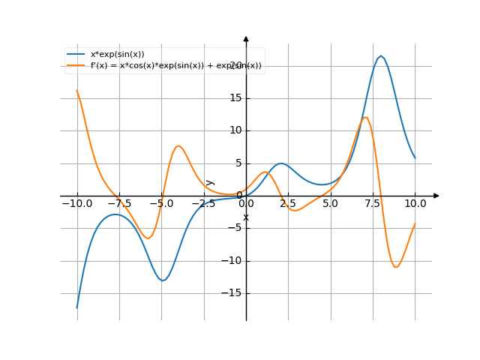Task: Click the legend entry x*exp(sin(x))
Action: click(117, 54)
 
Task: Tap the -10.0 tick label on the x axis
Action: click(76, 203)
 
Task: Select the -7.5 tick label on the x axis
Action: click(119, 203)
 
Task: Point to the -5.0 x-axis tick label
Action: click(161, 203)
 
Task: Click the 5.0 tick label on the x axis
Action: click(331, 203)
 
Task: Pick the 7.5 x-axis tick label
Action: click(373, 203)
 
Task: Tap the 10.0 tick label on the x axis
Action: click(415, 203)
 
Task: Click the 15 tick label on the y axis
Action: click(235, 97)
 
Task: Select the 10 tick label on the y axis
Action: click(235, 130)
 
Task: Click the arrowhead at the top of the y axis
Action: click(246, 38)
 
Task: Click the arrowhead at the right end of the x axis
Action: click(436, 196)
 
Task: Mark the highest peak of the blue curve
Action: click(381, 56)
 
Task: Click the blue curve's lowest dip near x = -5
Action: click(163, 280)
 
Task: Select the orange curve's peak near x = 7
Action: click(365, 116)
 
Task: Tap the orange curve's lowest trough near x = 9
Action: click(396, 267)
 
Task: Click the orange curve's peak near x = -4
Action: click(178, 145)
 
